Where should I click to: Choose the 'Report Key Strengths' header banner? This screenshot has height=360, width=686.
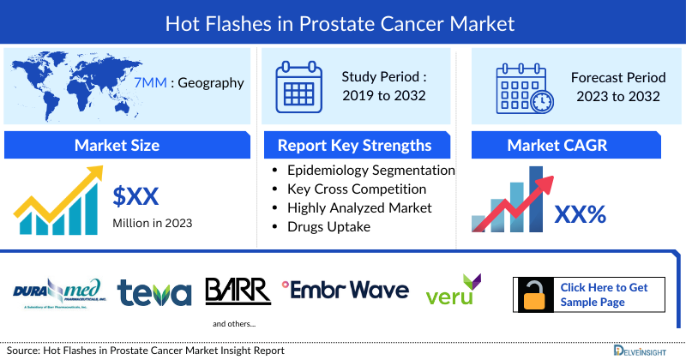click(355, 145)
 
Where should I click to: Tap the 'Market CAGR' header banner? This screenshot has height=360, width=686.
click(557, 145)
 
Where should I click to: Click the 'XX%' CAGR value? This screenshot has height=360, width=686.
click(581, 213)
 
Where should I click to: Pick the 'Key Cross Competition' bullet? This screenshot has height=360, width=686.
click(357, 189)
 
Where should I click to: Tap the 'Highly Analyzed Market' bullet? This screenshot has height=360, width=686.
click(359, 207)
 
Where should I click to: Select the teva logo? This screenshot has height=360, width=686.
click(154, 292)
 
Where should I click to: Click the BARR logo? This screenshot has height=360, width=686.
click(238, 291)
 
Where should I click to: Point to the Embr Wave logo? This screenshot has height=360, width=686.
click(346, 291)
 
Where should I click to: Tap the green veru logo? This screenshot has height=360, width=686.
click(454, 292)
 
